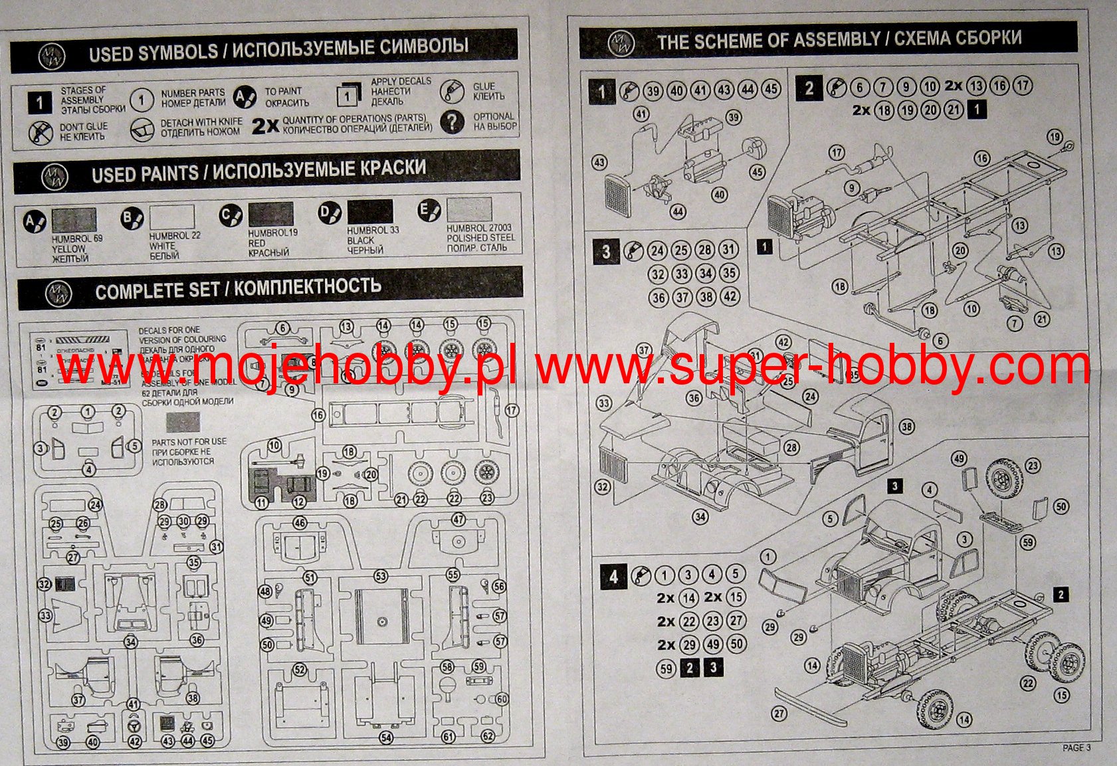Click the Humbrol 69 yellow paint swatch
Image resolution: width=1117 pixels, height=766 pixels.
[x=74, y=220]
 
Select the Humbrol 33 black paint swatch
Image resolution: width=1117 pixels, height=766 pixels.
[x=370, y=212]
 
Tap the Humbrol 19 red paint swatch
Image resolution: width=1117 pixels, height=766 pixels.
[x=270, y=215]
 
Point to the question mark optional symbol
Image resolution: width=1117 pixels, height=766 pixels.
[x=452, y=122]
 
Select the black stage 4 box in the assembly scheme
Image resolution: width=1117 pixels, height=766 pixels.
[x=613, y=577]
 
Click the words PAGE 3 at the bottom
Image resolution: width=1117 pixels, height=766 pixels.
[x=1076, y=747]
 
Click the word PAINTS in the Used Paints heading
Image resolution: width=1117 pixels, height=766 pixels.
[x=169, y=173]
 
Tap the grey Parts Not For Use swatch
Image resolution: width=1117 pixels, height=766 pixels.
[x=183, y=423]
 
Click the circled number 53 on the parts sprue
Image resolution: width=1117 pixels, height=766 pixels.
[x=380, y=576]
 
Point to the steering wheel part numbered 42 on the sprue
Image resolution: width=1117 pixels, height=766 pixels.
[x=135, y=722]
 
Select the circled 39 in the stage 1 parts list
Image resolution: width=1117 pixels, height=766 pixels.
[x=653, y=90]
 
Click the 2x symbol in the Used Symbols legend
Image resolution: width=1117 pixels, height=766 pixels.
[x=265, y=125]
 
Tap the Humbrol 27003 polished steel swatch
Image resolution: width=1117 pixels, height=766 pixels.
[x=469, y=209]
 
